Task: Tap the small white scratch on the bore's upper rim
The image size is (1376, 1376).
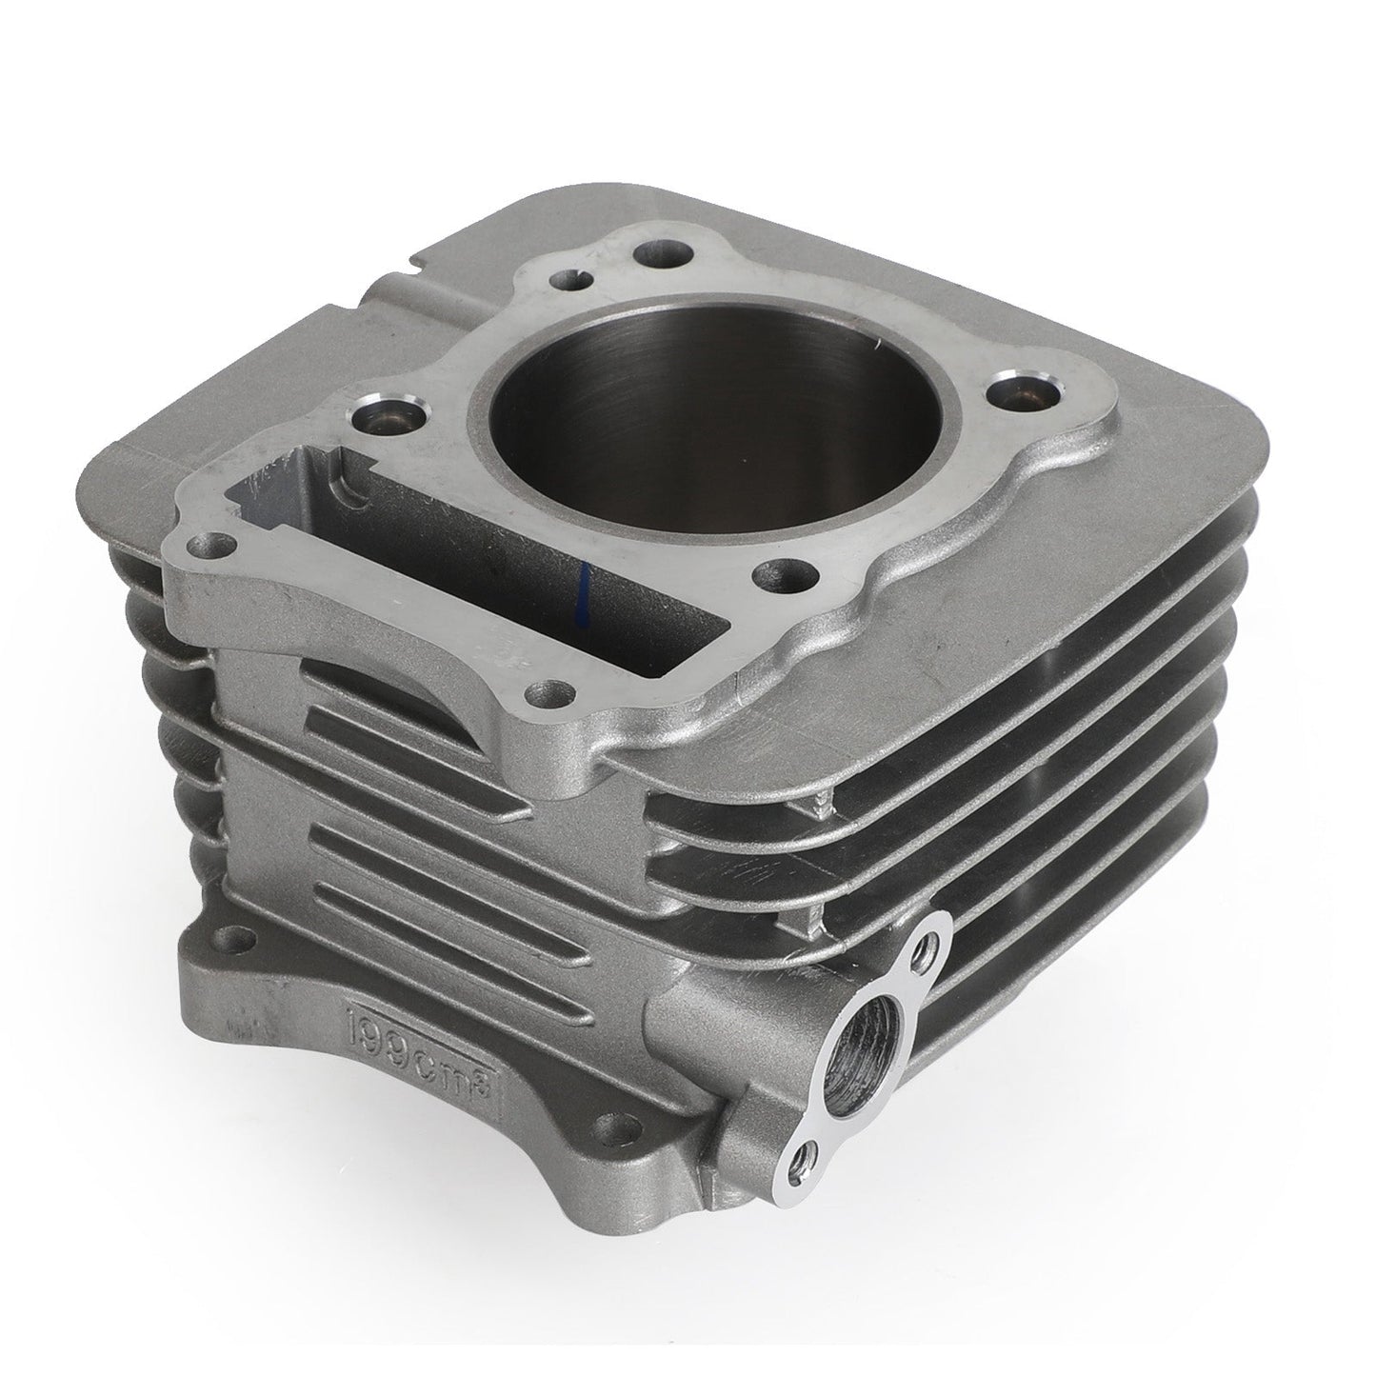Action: (x=870, y=337)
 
